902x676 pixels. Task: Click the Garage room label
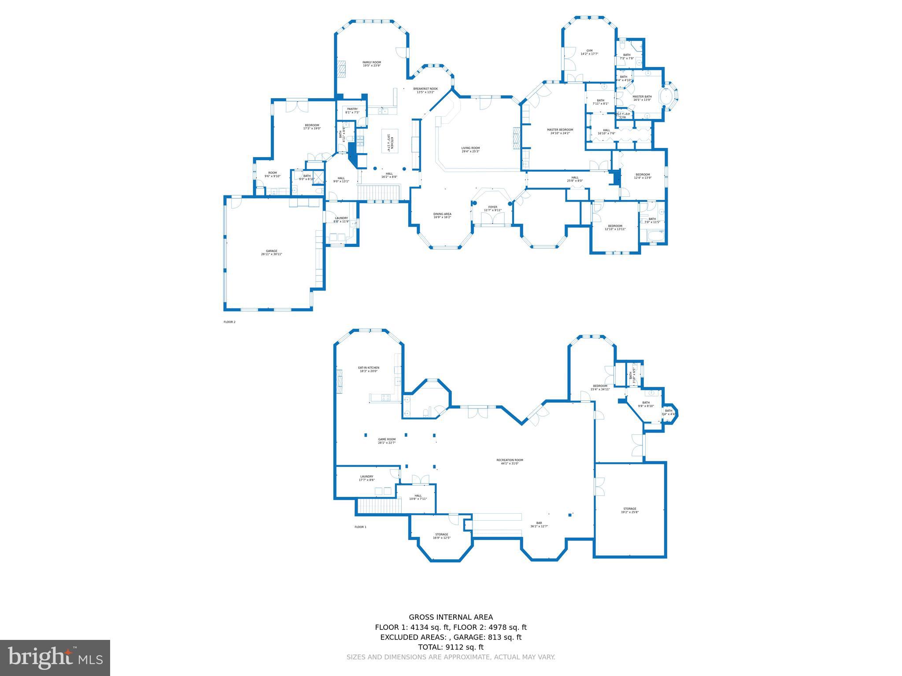coord(271,253)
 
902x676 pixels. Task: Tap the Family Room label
coord(372,64)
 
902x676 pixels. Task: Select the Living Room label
coord(470,150)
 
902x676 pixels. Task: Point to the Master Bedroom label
coord(560,131)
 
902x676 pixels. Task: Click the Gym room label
coord(589,52)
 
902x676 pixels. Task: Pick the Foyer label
coord(492,209)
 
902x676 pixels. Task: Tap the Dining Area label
coord(442,216)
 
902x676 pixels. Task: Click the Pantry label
coord(352,110)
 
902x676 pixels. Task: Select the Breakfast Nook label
coord(425,90)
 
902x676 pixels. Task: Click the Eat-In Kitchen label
coord(369,369)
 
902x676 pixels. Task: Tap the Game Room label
coord(387,441)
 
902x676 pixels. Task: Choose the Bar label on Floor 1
coord(539,525)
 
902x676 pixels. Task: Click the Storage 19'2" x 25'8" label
coord(630,511)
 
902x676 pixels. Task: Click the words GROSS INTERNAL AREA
coord(451,617)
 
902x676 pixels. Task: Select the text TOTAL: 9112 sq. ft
coord(451,647)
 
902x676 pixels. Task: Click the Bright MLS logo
coord(55,658)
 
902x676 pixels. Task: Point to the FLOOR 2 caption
coord(229,322)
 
